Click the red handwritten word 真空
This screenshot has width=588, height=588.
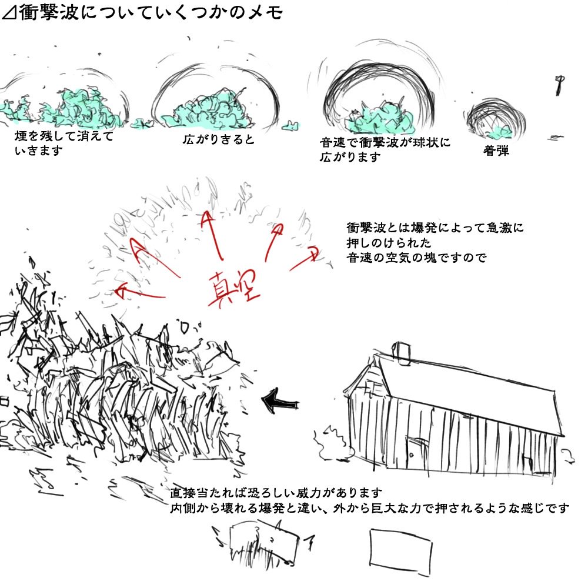pyautogui.click(x=233, y=288)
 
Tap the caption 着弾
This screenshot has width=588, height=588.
pyautogui.click(x=496, y=151)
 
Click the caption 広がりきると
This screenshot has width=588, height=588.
pyautogui.click(x=219, y=139)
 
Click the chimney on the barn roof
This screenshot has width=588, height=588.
pyautogui.click(x=401, y=353)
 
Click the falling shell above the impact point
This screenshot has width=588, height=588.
pyautogui.click(x=560, y=85)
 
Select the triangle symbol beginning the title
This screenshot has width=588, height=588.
pyautogui.click(x=9, y=13)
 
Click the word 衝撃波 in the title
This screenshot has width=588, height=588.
pyautogui.click(x=49, y=12)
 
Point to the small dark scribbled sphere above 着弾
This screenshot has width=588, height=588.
pyautogui.click(x=495, y=119)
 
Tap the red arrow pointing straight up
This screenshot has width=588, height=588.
pyautogui.click(x=213, y=236)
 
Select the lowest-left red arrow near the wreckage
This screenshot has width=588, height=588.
pyautogui.click(x=141, y=293)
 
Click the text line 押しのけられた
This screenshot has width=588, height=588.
pyautogui.click(x=389, y=243)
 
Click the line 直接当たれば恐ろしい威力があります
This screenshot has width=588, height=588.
pyautogui.click(x=276, y=492)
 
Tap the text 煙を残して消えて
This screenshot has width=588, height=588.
pyautogui.click(x=64, y=136)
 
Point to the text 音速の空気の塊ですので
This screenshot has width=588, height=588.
pyautogui.click(x=416, y=258)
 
